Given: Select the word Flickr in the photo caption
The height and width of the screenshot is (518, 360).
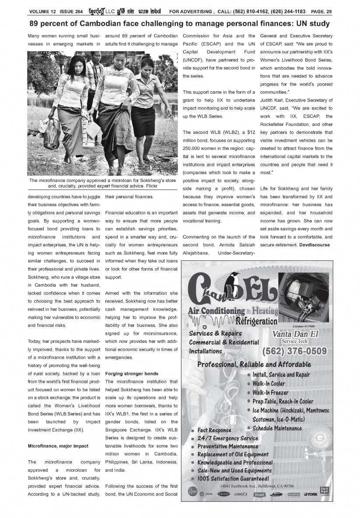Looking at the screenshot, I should (x=149, y=186).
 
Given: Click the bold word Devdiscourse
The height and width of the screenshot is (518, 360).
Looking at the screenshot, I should (x=315, y=244).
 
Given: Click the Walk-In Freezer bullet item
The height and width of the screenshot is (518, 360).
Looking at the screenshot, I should (x=270, y=392).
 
